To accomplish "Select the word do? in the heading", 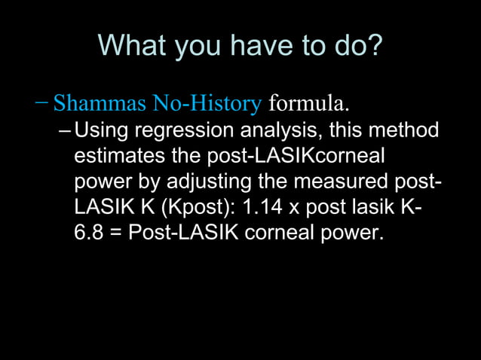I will tap(353, 47).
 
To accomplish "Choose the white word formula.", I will tap(309, 101).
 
